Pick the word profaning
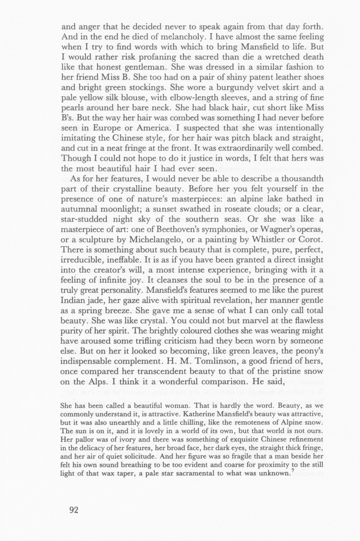click(145, 57)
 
